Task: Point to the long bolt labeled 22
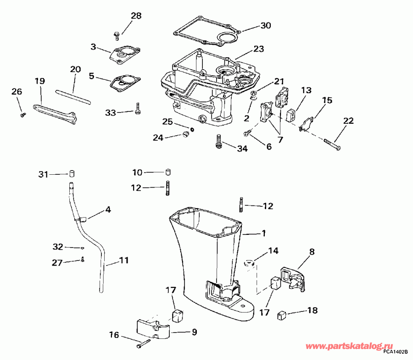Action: pyautogui.click(x=331, y=142)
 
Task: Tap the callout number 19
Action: pyautogui.click(x=39, y=81)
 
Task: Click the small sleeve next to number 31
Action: pyautogui.click(x=72, y=174)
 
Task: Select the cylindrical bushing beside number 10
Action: pyautogui.click(x=168, y=172)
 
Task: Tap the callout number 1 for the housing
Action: pyautogui.click(x=263, y=233)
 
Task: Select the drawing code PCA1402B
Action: pyautogui.click(x=396, y=352)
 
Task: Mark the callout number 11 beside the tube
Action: pyautogui.click(x=123, y=260)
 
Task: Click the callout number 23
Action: pyautogui.click(x=259, y=49)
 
